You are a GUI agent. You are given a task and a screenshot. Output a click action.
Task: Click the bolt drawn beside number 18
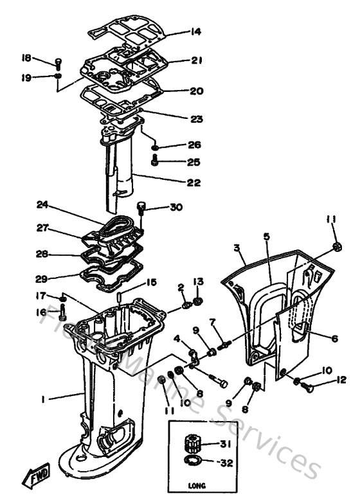59,62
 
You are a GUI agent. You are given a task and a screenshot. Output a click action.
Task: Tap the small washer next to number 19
58,77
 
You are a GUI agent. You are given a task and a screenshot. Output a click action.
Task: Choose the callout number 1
42,399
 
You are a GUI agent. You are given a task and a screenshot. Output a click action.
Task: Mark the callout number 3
237,247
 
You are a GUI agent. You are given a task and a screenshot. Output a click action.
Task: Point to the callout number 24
42,206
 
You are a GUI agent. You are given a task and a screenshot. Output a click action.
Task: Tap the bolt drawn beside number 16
62,314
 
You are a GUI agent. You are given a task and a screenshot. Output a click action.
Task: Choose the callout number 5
265,237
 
